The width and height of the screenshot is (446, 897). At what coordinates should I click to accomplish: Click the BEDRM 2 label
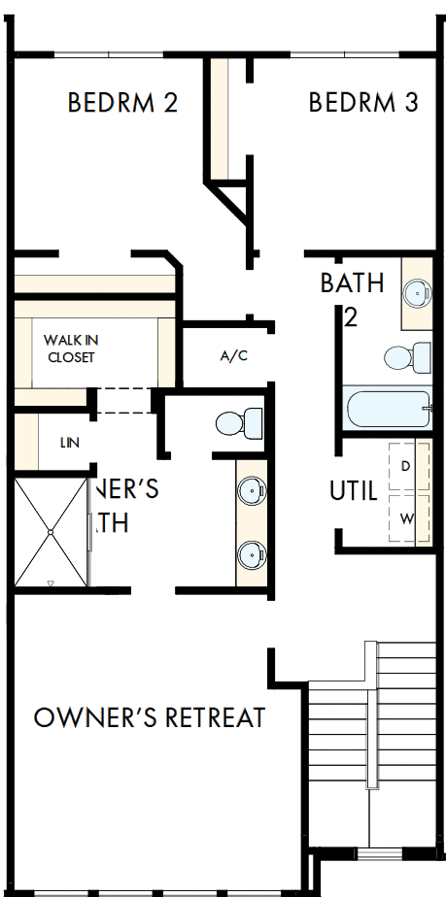pos(122,103)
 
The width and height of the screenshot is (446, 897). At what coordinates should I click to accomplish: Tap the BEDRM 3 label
pos(364,102)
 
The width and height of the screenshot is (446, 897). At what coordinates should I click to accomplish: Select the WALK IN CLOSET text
pos(71,349)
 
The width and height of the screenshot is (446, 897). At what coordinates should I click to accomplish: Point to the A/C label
pos(234,356)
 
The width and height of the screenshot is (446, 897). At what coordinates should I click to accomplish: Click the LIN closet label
pos(69,443)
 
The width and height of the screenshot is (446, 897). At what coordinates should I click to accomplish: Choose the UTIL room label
pos(353,491)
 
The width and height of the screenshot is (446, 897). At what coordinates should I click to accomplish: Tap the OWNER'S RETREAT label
pos(150,718)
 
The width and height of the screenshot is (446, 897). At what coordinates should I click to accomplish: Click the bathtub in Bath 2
pos(387,409)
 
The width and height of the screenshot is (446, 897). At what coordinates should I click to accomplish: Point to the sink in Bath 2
pos(417,291)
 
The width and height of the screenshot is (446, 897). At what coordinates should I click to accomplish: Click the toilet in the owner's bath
pos(239,423)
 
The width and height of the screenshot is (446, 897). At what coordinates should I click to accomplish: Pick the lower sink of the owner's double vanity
pos(251,554)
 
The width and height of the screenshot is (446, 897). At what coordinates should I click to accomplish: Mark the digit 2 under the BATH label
pos(350,317)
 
